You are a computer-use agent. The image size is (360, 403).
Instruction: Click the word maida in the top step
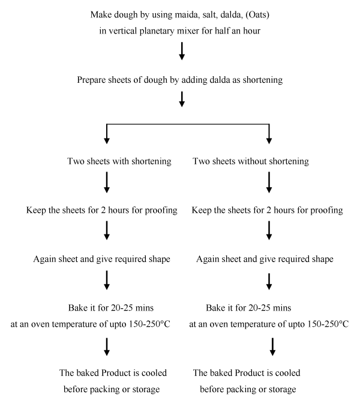pos(186,14)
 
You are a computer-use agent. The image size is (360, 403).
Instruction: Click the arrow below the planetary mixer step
pos(182,51)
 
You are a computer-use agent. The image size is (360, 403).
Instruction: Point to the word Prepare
pos(91,80)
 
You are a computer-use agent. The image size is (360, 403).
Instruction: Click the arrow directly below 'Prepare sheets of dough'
pos(182,99)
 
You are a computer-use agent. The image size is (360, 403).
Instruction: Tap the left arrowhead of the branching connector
pos(107,140)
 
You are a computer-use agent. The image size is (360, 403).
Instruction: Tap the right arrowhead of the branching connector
pos(269,140)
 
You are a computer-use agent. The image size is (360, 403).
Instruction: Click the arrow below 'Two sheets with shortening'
pos(107,182)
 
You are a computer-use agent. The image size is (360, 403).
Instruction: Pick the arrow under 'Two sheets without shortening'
pos(269,182)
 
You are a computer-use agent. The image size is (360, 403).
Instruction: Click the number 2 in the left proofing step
pos(103,210)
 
